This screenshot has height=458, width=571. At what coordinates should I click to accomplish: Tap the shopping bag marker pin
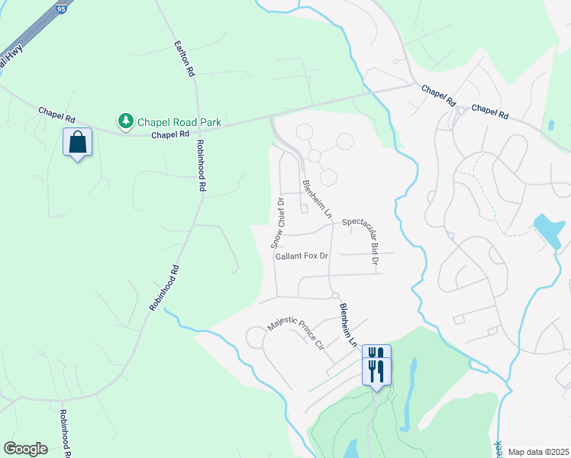77,142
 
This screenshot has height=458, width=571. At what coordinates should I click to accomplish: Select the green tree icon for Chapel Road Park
124,121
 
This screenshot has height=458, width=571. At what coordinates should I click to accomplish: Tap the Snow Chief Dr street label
277,223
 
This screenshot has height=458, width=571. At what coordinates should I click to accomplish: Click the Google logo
26,449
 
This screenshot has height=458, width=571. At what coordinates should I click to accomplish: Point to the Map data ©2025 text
537,452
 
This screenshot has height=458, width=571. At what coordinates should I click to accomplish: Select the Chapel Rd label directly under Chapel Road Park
169,135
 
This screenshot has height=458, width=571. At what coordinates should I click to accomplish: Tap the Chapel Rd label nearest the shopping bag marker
57,114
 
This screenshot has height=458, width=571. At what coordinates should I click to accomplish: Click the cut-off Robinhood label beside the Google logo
65,432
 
